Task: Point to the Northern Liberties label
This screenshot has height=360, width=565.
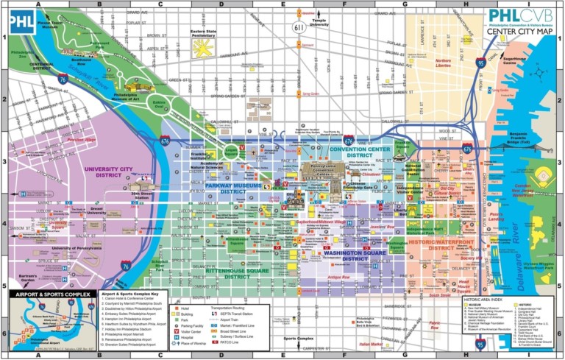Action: point(444,63)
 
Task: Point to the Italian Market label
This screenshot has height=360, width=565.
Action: point(371,343)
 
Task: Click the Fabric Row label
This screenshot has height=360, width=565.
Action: point(435,323)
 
